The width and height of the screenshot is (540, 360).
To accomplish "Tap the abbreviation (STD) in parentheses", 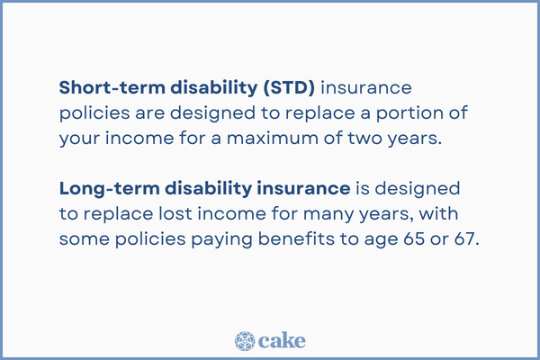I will pyautogui.click(x=287, y=88).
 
